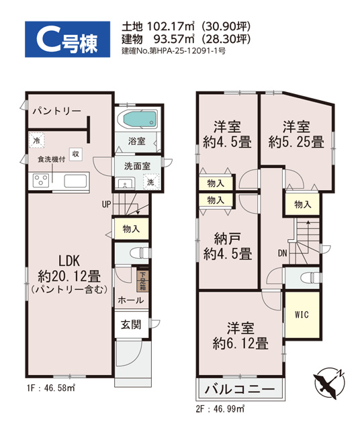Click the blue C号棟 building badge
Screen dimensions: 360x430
coord(67,39)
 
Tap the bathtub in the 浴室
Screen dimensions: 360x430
coord(138,118)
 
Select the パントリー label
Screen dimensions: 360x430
coord(57,111)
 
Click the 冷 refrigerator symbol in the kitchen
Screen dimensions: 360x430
coord(36,140)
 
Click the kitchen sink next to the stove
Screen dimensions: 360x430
coord(76,181)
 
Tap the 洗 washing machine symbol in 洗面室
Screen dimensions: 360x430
coord(151,181)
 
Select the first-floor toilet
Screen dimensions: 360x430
coord(140,253)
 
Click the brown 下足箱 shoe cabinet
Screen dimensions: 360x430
coord(143,281)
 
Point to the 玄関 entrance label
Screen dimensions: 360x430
coord(131,325)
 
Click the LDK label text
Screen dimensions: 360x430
coord(69,261)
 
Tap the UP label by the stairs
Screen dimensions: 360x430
coord(106,204)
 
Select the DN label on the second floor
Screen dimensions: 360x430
coord(282,253)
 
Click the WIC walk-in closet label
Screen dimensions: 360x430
coord(302,314)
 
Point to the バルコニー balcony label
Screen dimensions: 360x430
coord(240,388)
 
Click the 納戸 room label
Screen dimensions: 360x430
coord(227,239)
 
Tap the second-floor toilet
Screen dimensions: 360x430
coord(310,277)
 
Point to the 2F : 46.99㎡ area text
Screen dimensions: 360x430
coord(220,409)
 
